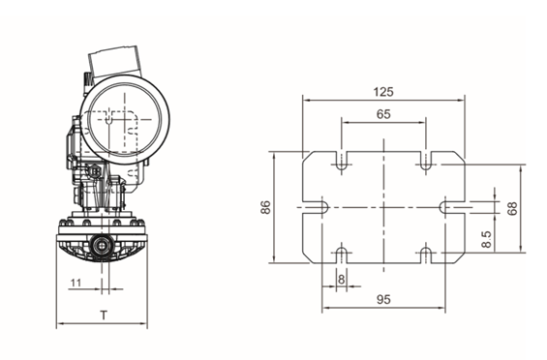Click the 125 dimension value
pyautogui.click(x=383, y=92)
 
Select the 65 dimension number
pyautogui.click(x=383, y=114)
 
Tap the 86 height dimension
pyautogui.click(x=265, y=207)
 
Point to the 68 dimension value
pyautogui.click(x=512, y=209)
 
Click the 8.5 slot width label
pyautogui.click(x=486, y=239)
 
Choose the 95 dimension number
pyautogui.click(x=383, y=299)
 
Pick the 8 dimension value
pyautogui.click(x=341, y=279)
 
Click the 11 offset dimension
pyautogui.click(x=76, y=283)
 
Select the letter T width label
pyautogui.click(x=104, y=315)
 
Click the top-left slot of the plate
pyautogui.click(x=342, y=161)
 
